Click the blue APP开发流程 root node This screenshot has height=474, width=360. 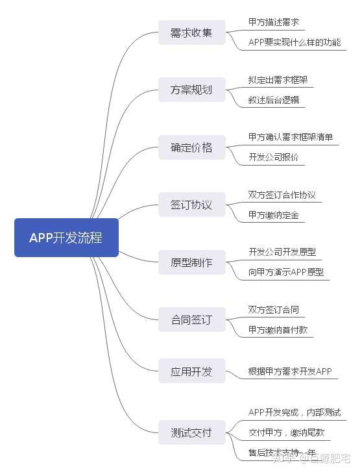(66, 238)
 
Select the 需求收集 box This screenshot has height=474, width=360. (191, 32)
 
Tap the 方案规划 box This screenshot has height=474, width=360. (191, 90)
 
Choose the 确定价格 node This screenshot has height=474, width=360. (191, 147)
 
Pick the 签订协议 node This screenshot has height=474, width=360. (191, 205)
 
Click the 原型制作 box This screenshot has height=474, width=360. (191, 263)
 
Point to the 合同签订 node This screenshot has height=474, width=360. (191, 320)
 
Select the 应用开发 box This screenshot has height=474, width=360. (191, 371)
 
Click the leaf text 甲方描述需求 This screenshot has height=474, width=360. (274, 22)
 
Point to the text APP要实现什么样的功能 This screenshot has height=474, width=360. (294, 43)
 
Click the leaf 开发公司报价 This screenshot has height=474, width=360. (274, 158)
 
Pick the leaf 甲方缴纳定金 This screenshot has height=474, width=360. (274, 216)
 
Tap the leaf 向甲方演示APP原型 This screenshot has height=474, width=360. (286, 273)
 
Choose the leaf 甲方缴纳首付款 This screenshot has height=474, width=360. (278, 331)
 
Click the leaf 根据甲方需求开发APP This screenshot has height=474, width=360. (290, 372)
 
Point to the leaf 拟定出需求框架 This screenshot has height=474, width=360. (278, 80)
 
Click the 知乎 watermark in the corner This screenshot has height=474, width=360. (283, 460)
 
